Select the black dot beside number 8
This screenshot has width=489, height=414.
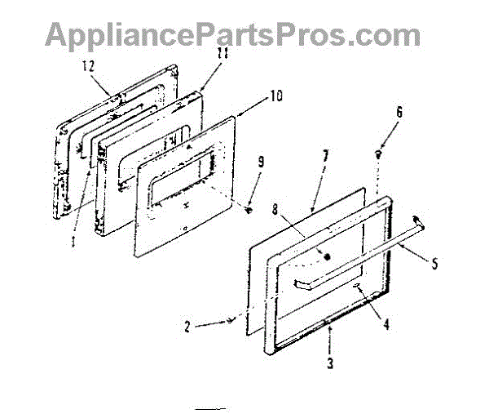tap(328, 256)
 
